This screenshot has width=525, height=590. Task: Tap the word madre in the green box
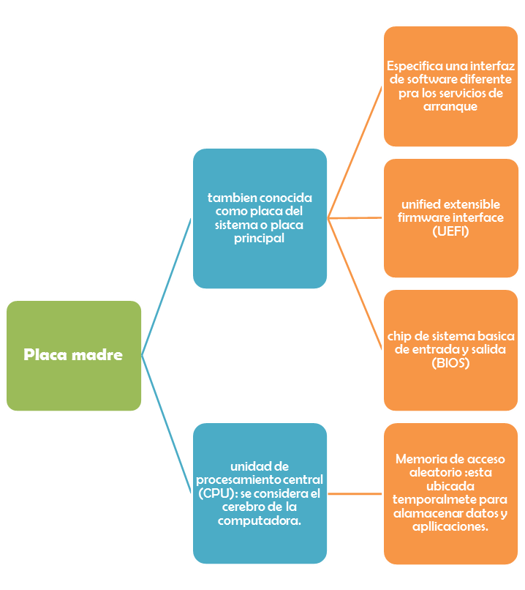tap(98, 356)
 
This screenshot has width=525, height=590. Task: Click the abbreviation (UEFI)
tap(450, 231)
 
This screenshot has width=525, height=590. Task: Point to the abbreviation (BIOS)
tap(450, 363)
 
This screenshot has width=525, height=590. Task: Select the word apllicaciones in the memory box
tap(450, 526)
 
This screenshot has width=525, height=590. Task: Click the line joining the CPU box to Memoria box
tap(355, 494)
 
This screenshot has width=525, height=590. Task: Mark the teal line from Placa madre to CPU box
tap(167, 423)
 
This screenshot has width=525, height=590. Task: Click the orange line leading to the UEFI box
tap(355, 217)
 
